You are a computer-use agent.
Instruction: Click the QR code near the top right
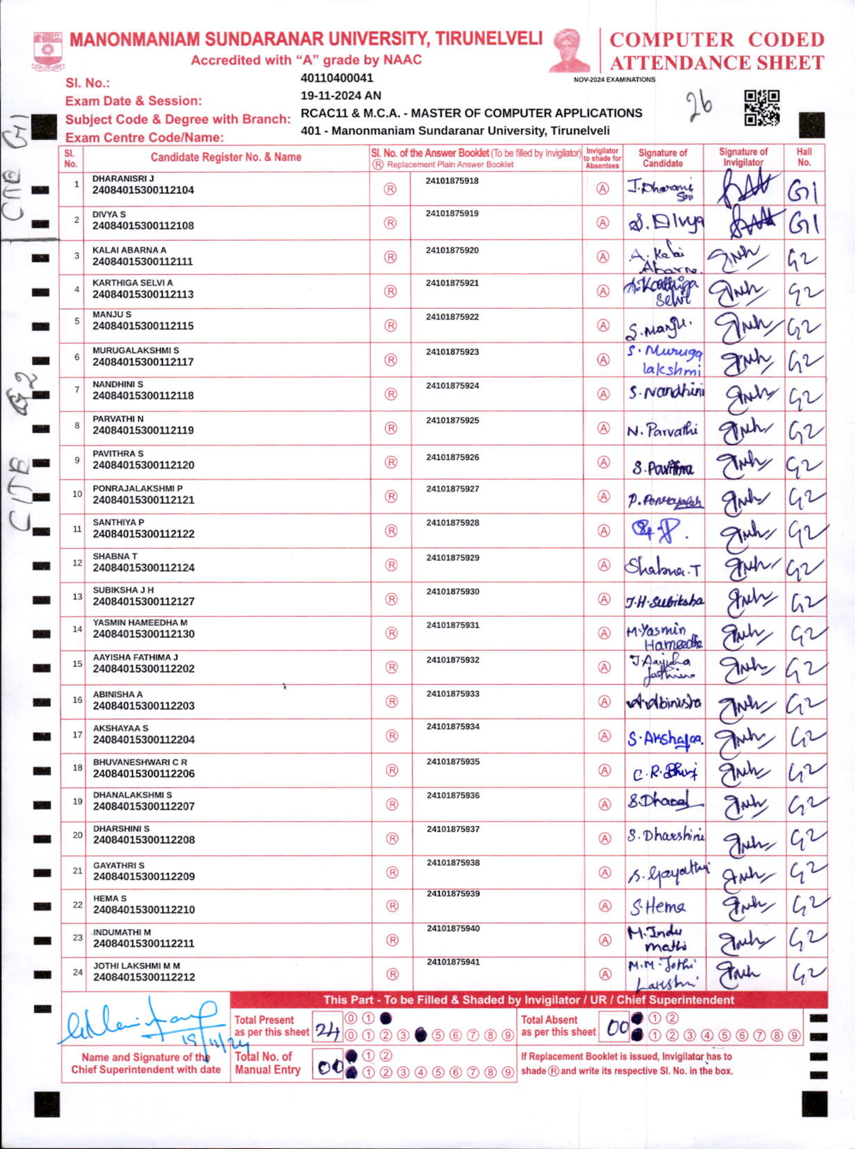tap(762, 108)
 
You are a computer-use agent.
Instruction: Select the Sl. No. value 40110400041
tap(337, 78)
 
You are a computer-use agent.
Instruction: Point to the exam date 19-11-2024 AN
tap(340, 96)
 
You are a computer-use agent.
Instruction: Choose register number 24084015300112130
tap(143, 634)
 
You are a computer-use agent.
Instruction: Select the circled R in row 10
tap(391, 496)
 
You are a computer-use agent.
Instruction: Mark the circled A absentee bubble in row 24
tap(604, 974)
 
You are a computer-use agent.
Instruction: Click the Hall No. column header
tap(804, 157)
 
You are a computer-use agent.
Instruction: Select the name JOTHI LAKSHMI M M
tap(137, 966)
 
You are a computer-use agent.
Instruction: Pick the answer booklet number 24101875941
tap(453, 962)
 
